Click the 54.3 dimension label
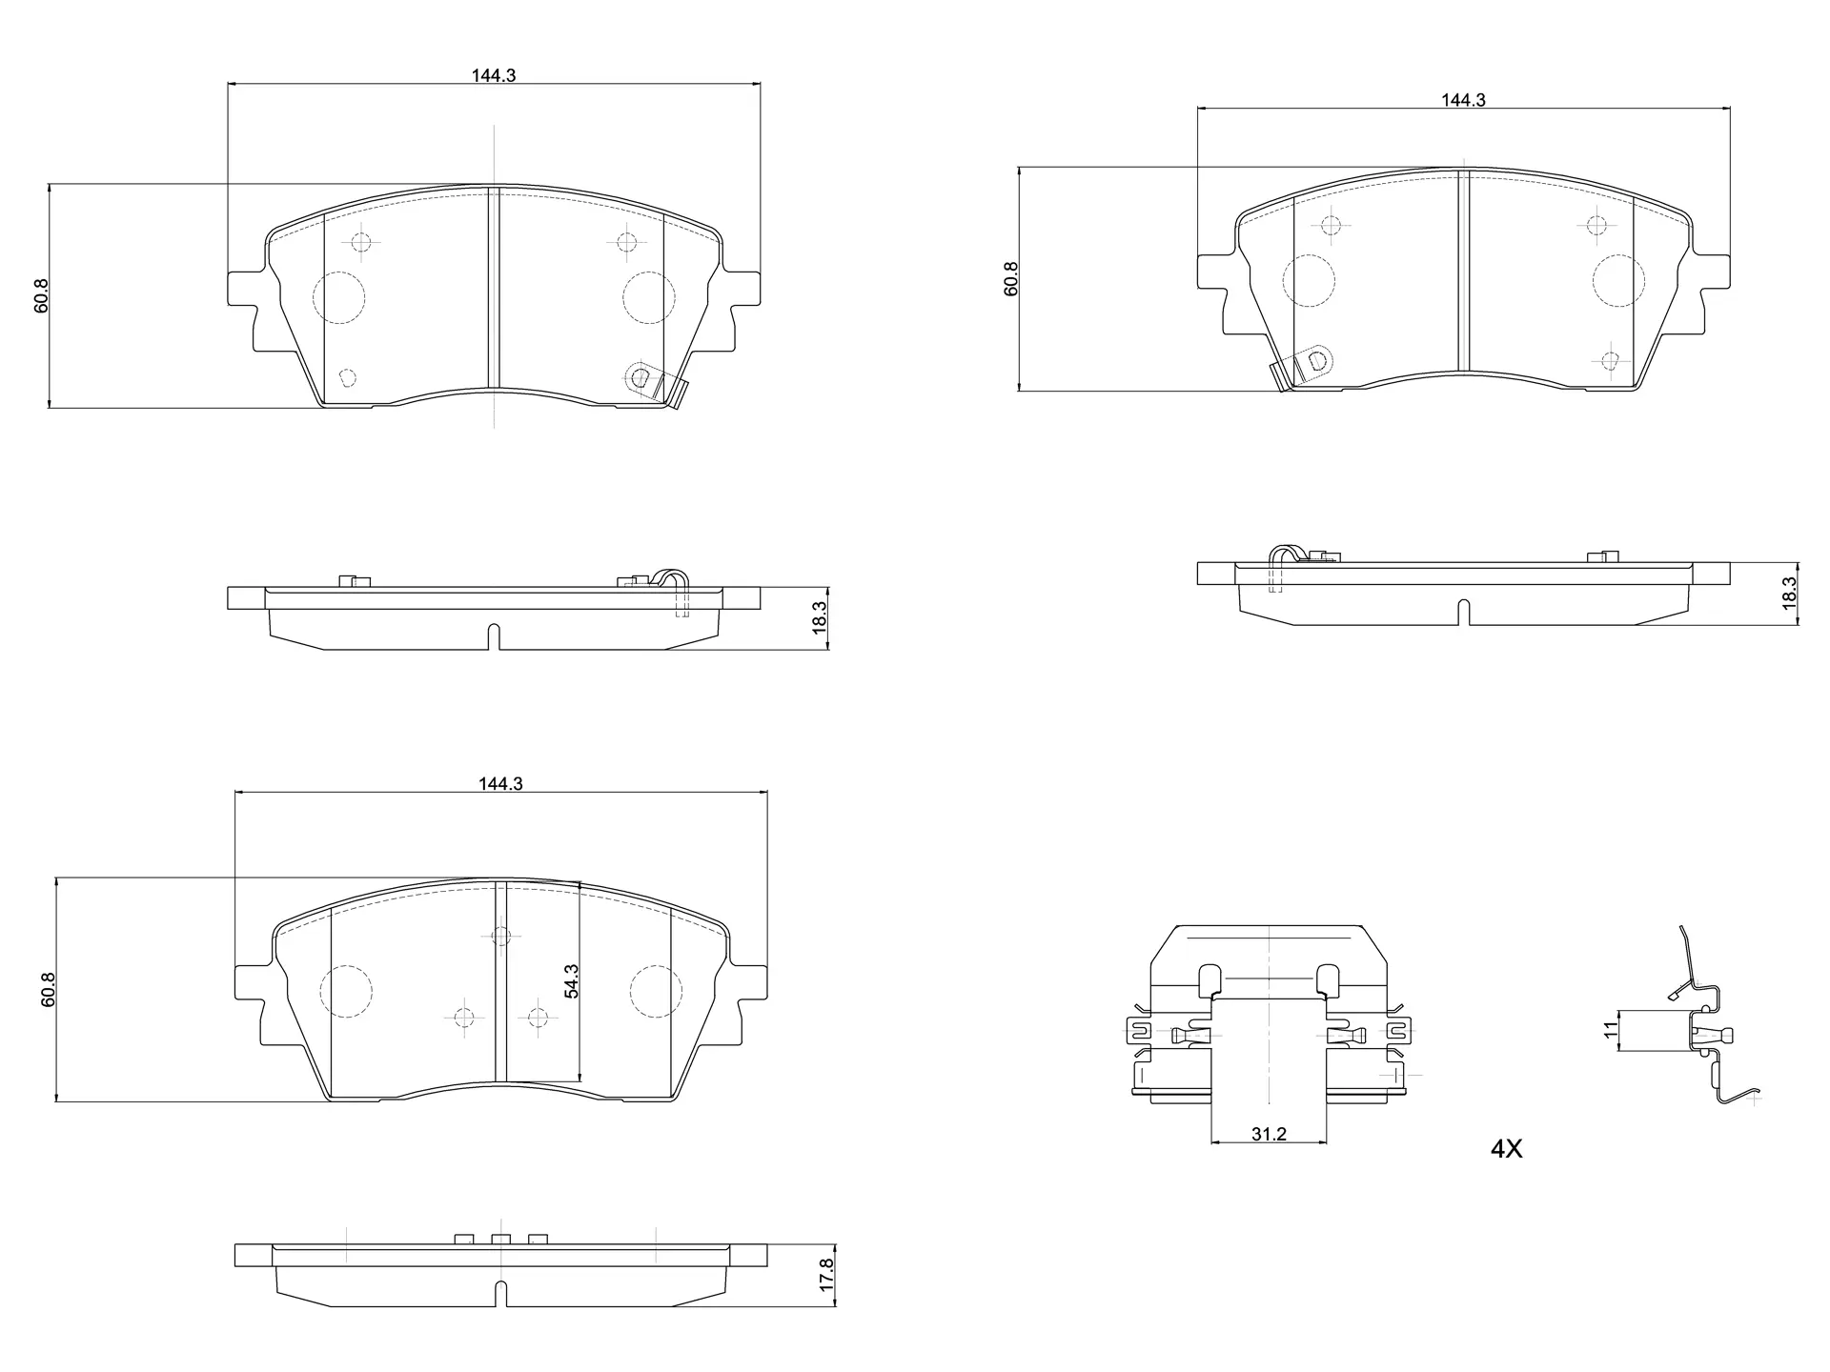[571, 980]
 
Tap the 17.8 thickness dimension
[826, 1275]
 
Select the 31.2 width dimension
[1269, 1134]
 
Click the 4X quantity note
[1507, 1149]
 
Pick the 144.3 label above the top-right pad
[1463, 100]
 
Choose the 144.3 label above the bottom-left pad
[501, 784]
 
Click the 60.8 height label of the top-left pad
[40, 296]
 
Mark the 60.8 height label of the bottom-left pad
[48, 990]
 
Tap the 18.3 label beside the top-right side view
[1788, 594]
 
